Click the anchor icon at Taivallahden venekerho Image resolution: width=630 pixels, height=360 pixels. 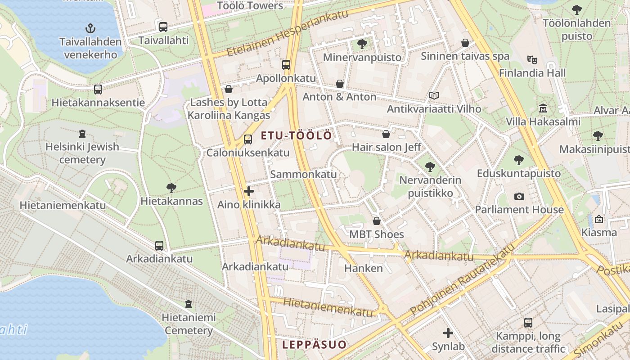click(x=90, y=28)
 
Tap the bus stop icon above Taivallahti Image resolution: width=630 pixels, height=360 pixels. click(x=163, y=27)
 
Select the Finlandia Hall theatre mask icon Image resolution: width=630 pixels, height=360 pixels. click(x=532, y=59)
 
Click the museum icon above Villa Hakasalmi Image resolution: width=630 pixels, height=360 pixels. click(x=543, y=108)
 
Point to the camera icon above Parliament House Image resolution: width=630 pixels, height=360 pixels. click(x=519, y=196)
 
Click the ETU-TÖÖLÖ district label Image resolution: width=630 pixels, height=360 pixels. click(x=297, y=135)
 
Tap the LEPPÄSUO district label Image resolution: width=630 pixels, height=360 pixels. click(x=315, y=345)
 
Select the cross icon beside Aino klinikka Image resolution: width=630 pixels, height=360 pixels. click(x=248, y=192)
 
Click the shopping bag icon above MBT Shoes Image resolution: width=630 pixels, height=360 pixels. click(x=377, y=221)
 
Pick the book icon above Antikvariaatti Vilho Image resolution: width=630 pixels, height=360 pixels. click(x=434, y=95)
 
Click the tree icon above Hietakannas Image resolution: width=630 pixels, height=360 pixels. click(x=171, y=188)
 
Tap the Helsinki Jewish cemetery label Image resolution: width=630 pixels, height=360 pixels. click(x=82, y=153)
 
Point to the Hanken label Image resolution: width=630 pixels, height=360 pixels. click(x=363, y=269)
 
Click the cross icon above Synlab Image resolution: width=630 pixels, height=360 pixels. click(x=448, y=333)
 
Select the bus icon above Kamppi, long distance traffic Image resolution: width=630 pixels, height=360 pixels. click(x=528, y=323)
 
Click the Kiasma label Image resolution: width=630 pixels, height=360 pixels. click(x=598, y=233)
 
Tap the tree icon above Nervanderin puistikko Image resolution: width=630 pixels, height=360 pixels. click(x=430, y=166)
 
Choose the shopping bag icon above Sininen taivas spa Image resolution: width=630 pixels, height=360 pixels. click(x=465, y=43)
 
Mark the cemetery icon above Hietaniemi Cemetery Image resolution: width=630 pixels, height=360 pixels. click(x=188, y=304)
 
